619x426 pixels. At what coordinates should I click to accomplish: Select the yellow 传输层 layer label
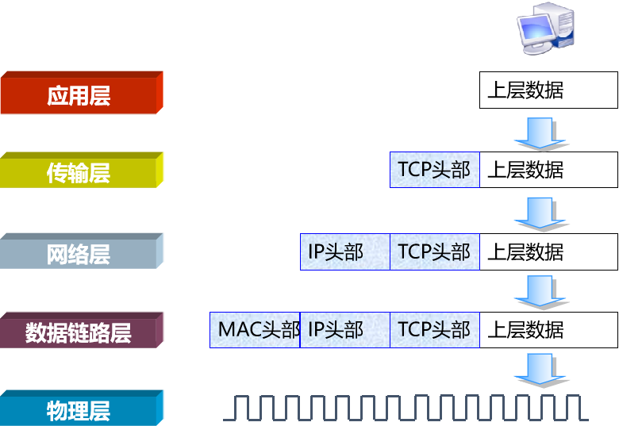tap(79, 172)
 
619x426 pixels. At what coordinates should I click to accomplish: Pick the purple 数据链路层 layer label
tap(79, 332)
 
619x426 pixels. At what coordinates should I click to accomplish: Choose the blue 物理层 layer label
tap(79, 410)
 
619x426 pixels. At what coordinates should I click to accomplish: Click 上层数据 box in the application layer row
tap(548, 90)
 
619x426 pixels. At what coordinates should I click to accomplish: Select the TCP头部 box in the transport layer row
tap(434, 170)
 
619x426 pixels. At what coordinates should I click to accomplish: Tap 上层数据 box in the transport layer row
tap(548, 170)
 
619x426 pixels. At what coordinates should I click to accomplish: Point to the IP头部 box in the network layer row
tap(344, 251)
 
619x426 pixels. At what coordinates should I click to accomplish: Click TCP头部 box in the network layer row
tap(434, 251)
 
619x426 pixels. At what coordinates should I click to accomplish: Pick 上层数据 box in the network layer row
tap(548, 251)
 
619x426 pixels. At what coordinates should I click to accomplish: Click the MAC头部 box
tap(255, 329)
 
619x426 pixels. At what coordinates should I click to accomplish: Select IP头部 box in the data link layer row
tap(344, 329)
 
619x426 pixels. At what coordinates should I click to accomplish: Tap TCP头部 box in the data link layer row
tap(434, 329)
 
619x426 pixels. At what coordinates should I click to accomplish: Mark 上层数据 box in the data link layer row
tap(548, 329)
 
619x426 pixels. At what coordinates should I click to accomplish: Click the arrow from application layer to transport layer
tap(540, 132)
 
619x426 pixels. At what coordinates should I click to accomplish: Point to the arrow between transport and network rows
tap(540, 213)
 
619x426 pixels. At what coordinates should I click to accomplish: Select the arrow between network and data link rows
tap(540, 292)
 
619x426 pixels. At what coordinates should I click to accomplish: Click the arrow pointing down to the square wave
tap(540, 370)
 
